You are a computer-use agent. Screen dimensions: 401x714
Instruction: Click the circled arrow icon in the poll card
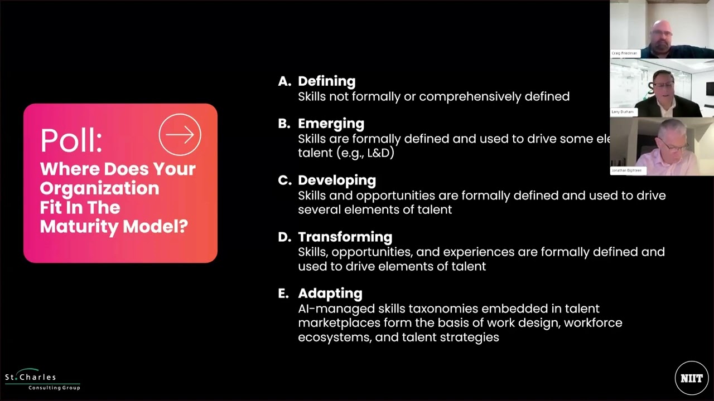click(180, 135)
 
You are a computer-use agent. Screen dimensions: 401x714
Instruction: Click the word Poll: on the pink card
click(71, 140)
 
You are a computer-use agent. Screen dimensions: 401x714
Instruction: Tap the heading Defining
click(326, 81)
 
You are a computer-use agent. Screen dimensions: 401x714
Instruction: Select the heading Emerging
click(331, 124)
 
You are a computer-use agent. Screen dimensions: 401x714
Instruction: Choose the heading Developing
click(336, 180)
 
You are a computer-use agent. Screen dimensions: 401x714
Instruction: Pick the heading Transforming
click(345, 237)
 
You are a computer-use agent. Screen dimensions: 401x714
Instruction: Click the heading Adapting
click(330, 294)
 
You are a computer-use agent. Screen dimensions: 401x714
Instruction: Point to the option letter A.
click(284, 81)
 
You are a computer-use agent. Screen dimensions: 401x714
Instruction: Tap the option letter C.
click(284, 180)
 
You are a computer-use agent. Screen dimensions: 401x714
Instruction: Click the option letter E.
click(283, 294)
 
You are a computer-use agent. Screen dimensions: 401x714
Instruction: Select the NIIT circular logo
click(691, 378)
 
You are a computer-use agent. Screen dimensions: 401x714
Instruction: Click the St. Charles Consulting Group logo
click(42, 380)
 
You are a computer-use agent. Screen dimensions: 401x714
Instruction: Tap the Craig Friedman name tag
click(624, 53)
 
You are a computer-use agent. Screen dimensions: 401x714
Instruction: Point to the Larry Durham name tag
click(623, 112)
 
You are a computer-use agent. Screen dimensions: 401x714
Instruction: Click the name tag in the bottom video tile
click(626, 170)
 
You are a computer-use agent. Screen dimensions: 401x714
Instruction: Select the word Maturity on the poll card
click(78, 227)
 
